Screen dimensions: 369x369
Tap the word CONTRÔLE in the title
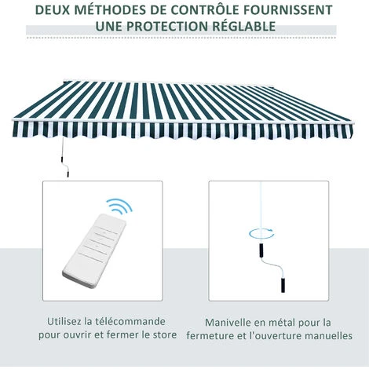[x=204, y=10]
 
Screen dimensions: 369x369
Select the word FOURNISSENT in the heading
[x=287, y=10]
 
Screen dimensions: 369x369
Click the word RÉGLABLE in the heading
[x=244, y=26]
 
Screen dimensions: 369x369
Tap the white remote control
[x=94, y=250]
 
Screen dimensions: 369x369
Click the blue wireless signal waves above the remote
[x=119, y=206]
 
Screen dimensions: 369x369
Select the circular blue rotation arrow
[x=261, y=233]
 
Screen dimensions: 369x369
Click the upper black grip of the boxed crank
[x=261, y=251]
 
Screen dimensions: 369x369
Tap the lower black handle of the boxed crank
[x=283, y=285]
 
